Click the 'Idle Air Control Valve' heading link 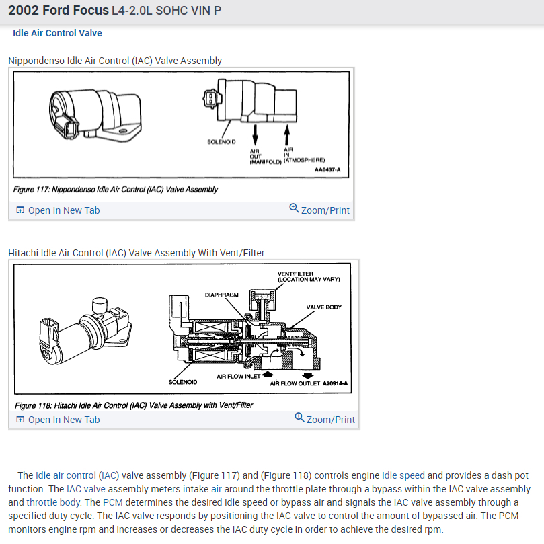click(57, 33)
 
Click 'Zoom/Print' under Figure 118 click(331, 420)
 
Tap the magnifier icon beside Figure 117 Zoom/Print click(294, 208)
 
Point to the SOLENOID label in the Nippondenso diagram click(221, 142)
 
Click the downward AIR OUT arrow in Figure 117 click(255, 135)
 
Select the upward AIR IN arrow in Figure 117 click(287, 135)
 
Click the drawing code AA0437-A click(327, 169)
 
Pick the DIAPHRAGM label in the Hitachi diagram click(222, 295)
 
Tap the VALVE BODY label click(324, 307)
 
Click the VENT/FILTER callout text click(309, 276)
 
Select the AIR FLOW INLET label click(238, 377)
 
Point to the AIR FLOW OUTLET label click(295, 383)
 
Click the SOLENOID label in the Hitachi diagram click(183, 382)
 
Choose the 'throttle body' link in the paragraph click(53, 502)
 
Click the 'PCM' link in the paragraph click(113, 502)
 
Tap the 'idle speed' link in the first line click(403, 475)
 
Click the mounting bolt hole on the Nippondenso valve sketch click(122, 132)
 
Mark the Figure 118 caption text click(134, 405)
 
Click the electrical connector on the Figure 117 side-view click(210, 99)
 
